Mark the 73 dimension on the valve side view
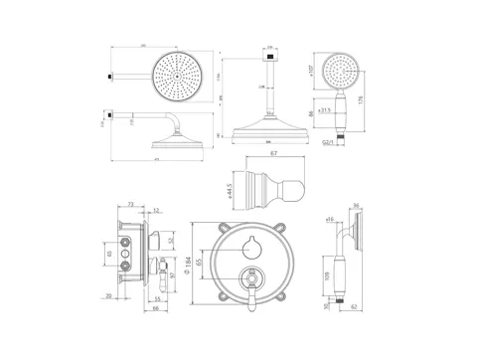131,202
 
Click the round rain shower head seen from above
180,76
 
